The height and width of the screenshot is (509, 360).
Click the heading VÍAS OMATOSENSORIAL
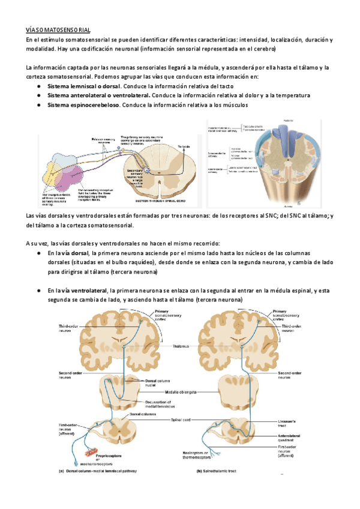point(58,29)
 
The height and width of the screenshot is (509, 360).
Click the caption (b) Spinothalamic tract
point(227,471)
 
